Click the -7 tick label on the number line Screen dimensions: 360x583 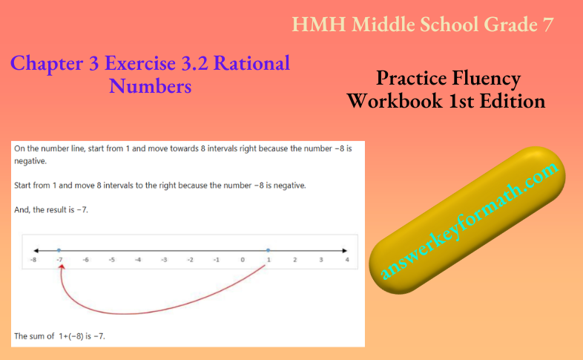click(59, 261)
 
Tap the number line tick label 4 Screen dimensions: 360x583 click(347, 261)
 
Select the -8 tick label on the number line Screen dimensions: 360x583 click(33, 261)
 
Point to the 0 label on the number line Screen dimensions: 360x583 click(243, 261)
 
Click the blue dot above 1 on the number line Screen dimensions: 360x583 click(269, 249)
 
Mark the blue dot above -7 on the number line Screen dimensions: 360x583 click(59, 249)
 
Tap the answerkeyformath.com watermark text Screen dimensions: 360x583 click(468, 222)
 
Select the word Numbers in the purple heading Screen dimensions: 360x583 click(151, 86)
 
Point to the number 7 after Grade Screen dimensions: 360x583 click(547, 24)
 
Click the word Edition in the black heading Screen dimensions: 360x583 click(512, 100)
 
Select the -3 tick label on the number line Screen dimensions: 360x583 click(164, 261)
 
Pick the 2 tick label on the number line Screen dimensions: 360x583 click(294, 261)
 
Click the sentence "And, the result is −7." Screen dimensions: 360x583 click(51, 209)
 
